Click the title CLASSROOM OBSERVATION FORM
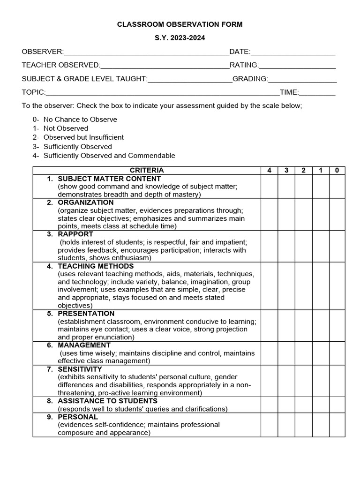click(x=180, y=24)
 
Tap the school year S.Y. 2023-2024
click(x=180, y=38)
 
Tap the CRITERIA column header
click(x=147, y=171)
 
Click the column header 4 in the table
click(x=269, y=171)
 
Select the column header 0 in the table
click(x=337, y=171)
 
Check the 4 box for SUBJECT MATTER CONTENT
click(x=269, y=187)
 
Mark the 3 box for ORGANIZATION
click(x=286, y=214)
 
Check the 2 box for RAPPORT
click(x=303, y=246)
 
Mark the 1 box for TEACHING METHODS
click(x=321, y=286)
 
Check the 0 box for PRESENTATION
click(x=337, y=325)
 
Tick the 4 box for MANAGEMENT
click(x=269, y=353)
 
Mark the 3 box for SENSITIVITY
click(x=286, y=381)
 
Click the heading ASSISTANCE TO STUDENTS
click(x=107, y=401)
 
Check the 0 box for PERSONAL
click(x=337, y=425)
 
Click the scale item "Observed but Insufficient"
click(x=83, y=137)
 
